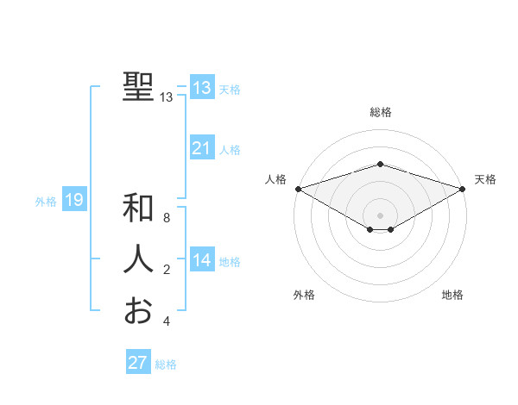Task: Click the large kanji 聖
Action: point(138,87)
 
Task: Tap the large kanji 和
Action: point(138,209)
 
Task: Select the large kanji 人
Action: point(138,259)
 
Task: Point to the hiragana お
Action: point(138,310)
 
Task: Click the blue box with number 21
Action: point(201,148)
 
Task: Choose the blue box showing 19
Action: point(73,201)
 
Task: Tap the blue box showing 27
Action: point(138,363)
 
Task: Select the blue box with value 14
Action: point(201,260)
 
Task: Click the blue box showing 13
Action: point(201,88)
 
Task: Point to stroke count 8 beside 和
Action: point(167,218)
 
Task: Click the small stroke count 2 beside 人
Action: point(167,270)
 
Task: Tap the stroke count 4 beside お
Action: point(167,321)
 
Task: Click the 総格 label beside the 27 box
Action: point(166,364)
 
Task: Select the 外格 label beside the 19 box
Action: point(46,202)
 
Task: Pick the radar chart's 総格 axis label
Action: point(381,113)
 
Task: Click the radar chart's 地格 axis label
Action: point(452,296)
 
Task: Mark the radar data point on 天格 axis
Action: point(464,189)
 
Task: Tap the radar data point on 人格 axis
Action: point(298,189)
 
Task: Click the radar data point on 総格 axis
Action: point(381,164)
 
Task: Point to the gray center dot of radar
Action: point(381,215)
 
